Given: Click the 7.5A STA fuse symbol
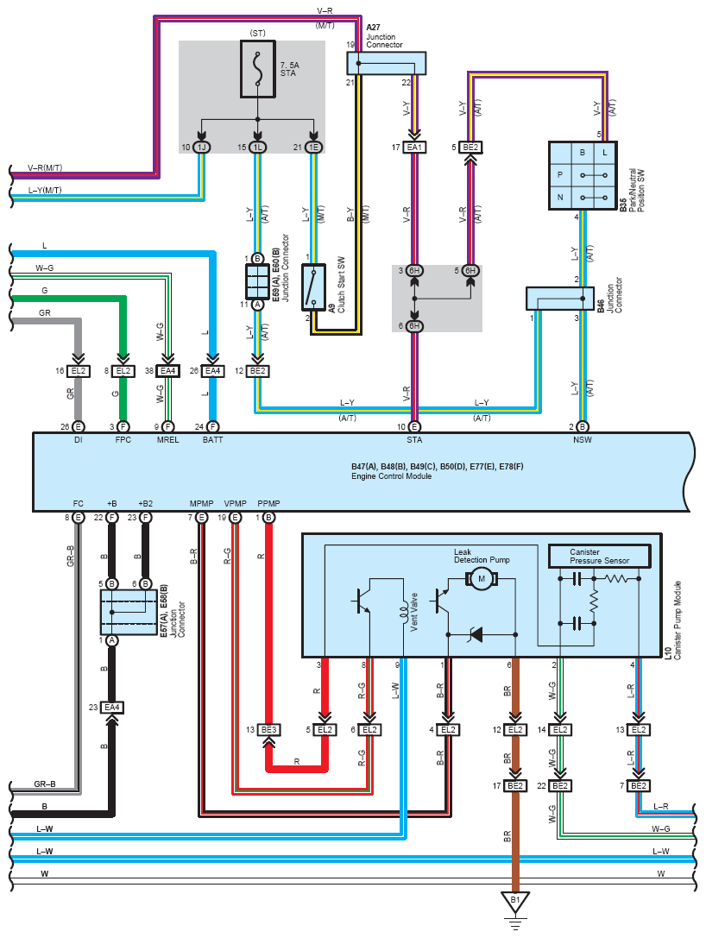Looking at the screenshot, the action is click(258, 68).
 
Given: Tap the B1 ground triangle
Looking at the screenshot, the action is click(515, 902).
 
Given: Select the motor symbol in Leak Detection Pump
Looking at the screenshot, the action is click(481, 579).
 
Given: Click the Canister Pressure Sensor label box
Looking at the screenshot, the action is click(600, 557).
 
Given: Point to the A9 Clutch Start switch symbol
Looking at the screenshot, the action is click(313, 287).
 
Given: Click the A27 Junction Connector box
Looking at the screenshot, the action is click(387, 63).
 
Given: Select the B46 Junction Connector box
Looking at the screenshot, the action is click(559, 299).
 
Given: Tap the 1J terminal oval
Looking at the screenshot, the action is click(202, 148).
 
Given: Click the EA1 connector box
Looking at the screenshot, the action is click(414, 148).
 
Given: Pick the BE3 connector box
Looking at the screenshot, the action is click(268, 730).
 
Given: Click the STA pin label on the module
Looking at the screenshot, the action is click(414, 440).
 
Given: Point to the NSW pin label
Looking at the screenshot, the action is click(583, 440).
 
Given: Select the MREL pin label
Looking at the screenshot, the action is click(167, 440).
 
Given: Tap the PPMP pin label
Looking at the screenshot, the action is click(268, 504).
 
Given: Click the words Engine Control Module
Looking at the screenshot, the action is click(391, 476).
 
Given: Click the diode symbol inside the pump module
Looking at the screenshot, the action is click(476, 634).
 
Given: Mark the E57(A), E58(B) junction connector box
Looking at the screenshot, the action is click(129, 613).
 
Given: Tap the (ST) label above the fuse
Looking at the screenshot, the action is click(258, 34).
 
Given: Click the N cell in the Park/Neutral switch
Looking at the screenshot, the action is click(560, 197).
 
